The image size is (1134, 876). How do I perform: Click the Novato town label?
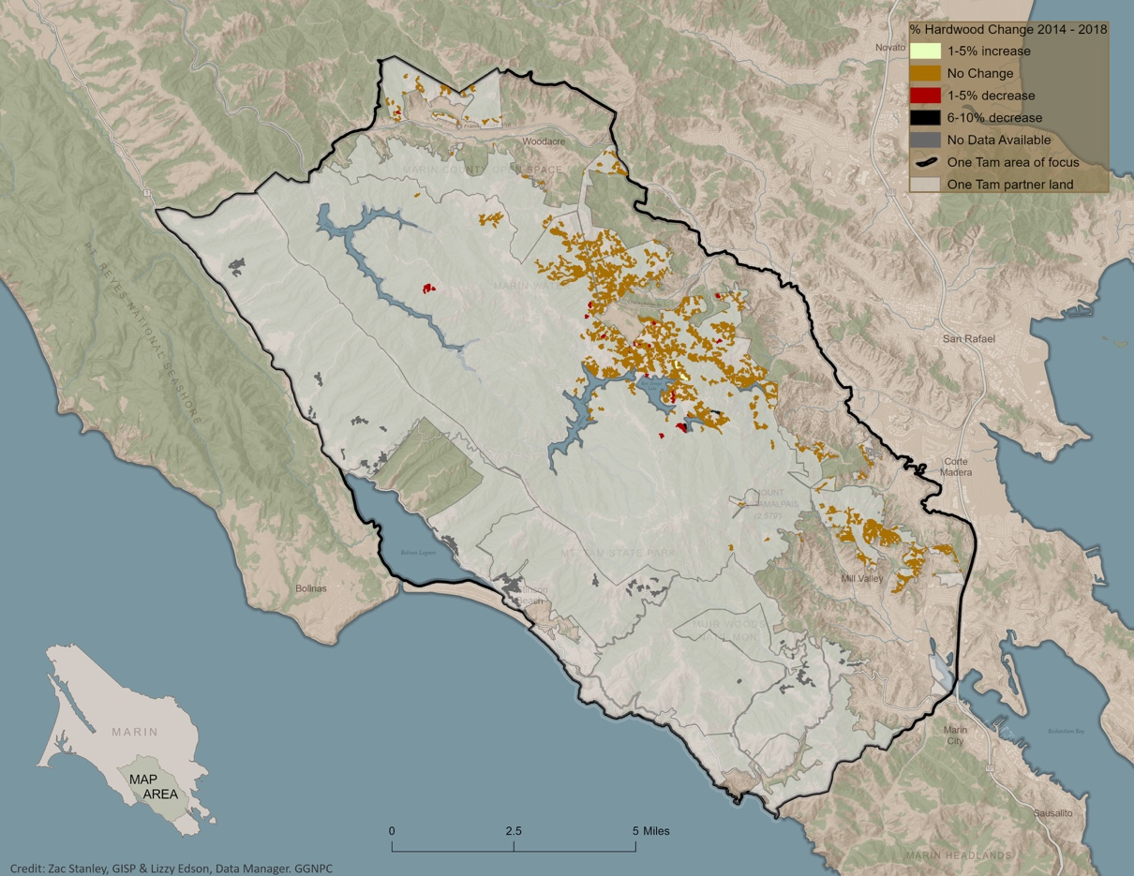click(x=889, y=47)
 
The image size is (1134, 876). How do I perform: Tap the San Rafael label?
click(x=968, y=338)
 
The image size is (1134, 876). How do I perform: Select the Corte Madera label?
click(x=956, y=467)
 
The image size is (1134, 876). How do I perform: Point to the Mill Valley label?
click(x=862, y=579)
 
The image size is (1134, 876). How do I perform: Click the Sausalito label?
click(x=1052, y=812)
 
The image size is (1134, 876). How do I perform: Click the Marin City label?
click(x=955, y=735)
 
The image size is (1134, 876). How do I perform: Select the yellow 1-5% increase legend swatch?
click(x=925, y=52)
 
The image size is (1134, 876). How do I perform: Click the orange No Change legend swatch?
click(x=925, y=73)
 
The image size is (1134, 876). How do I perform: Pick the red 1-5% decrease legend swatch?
click(x=925, y=96)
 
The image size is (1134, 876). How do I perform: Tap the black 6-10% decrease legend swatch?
click(x=925, y=118)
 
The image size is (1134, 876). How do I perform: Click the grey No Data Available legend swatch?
click(x=925, y=140)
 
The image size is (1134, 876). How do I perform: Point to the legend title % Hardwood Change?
click(x=1008, y=29)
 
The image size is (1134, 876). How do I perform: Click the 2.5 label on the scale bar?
click(x=514, y=831)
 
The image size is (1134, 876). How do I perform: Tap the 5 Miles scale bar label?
click(x=651, y=831)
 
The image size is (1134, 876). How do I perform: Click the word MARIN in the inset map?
click(x=134, y=732)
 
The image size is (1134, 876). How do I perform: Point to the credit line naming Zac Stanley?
click(x=172, y=869)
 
